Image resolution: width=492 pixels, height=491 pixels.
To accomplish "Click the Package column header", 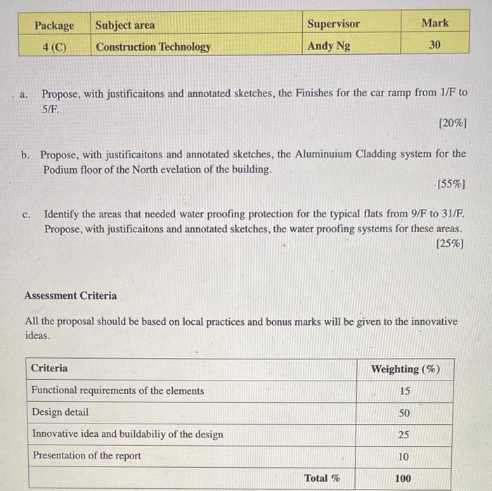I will [x=54, y=25].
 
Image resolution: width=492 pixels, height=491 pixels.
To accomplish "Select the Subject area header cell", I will [x=125, y=25].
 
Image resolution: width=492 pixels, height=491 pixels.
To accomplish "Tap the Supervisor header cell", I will [x=333, y=24].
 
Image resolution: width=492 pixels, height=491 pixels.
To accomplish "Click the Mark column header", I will [x=435, y=23].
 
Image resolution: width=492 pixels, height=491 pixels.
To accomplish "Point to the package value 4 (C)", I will [x=54, y=47].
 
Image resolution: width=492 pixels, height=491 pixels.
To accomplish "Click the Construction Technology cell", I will [x=153, y=47].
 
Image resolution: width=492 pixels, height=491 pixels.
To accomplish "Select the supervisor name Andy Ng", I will [x=329, y=46].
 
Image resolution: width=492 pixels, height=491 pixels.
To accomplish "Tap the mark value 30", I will [x=435, y=45].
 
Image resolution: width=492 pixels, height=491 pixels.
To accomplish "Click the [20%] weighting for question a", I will [x=452, y=124].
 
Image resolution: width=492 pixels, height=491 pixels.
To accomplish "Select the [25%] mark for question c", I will [x=450, y=245].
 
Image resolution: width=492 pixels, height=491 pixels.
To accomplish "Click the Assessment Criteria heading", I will [x=71, y=295].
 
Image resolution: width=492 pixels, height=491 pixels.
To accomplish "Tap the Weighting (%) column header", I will [x=406, y=369].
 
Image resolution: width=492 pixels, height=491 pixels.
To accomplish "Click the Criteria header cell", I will [x=49, y=368].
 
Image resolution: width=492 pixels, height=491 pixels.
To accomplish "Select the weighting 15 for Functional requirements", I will [x=404, y=391].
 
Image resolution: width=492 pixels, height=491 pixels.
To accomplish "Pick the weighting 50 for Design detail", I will [x=404, y=413].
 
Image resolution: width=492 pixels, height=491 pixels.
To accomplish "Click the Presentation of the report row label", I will [x=86, y=456].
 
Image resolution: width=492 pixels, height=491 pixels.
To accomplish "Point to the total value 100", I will [x=403, y=478].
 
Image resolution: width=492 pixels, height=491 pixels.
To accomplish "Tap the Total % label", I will [x=322, y=478].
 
